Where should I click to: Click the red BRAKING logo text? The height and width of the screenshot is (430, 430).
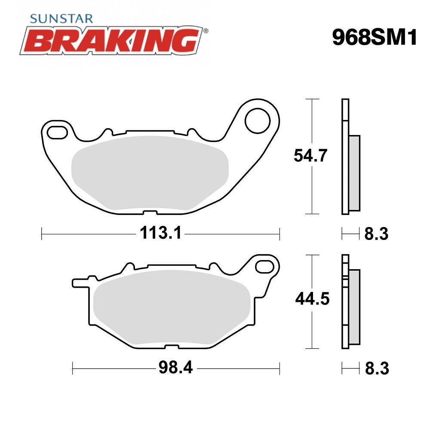click(x=115, y=40)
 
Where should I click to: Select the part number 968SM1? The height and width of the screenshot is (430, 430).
click(x=374, y=38)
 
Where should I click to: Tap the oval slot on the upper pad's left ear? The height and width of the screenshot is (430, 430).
click(x=57, y=132)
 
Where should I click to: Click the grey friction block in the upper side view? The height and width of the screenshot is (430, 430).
click(x=355, y=172)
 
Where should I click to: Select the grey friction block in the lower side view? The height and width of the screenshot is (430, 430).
click(x=355, y=305)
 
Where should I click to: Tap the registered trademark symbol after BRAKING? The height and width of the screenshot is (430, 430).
click(x=206, y=31)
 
